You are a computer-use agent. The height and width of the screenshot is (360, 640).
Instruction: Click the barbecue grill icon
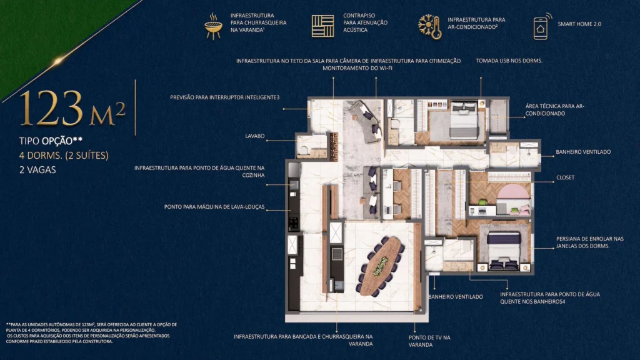214,26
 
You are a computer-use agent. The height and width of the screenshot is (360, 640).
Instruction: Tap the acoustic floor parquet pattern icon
322,26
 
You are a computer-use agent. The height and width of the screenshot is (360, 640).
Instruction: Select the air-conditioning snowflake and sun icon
430,26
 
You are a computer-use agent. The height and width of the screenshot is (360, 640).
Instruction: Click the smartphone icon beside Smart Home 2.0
539,27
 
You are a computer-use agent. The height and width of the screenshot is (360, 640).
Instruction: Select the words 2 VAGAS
39,169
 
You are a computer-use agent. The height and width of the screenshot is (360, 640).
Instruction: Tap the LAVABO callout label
256,136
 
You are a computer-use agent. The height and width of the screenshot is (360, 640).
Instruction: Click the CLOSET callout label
565,177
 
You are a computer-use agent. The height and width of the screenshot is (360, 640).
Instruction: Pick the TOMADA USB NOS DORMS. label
509,61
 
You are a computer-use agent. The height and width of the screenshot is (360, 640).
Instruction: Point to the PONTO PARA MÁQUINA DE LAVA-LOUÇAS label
214,206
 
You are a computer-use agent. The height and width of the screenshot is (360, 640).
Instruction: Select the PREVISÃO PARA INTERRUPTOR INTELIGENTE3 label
224,97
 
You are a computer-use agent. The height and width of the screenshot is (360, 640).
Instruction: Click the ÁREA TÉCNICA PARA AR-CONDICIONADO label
554,110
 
